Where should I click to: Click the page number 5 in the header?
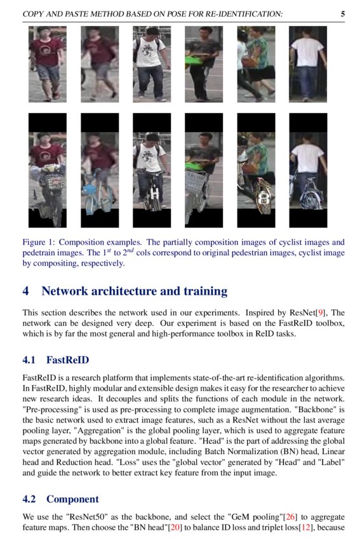click(342, 13)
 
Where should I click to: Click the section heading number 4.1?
click(29, 360)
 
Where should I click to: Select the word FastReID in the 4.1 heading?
click(68, 360)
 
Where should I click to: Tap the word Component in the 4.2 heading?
click(72, 499)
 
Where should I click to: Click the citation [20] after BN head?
click(174, 527)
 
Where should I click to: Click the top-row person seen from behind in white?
click(308, 64)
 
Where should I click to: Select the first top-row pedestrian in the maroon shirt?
click(47, 64)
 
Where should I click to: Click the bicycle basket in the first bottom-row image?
click(53, 180)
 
